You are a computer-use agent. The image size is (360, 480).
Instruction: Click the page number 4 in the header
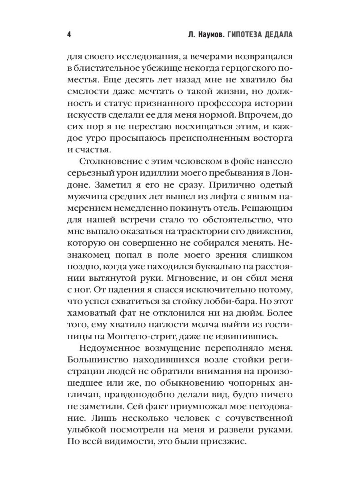pos(69,35)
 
